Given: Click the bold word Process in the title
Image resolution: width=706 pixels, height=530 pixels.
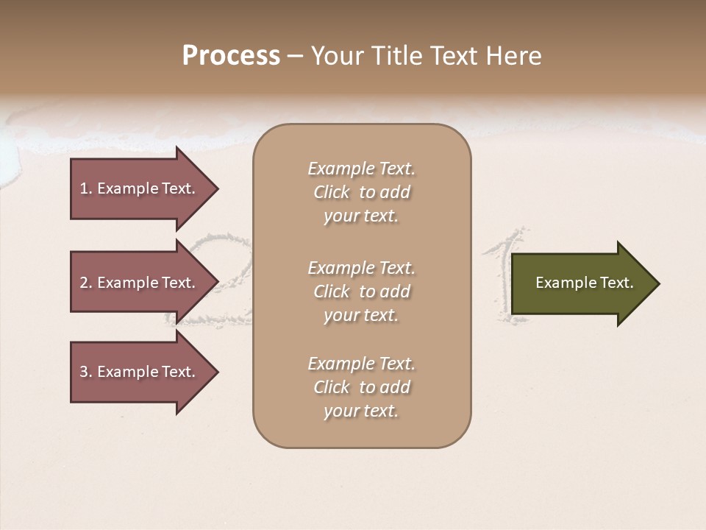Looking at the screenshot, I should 231,56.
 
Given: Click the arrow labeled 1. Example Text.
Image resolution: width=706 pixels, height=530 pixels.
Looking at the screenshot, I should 140,188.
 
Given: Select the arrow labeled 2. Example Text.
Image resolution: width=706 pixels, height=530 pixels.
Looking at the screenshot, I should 140,283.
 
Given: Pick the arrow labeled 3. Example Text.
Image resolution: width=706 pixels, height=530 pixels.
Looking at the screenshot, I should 140,372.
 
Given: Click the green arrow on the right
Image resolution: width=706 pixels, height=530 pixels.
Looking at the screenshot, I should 581,283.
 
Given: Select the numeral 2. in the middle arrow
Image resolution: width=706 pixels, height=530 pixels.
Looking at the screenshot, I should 85,283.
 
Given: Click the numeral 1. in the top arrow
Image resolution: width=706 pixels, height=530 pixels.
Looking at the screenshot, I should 85,188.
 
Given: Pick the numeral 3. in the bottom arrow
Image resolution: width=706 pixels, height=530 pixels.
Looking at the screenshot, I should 85,372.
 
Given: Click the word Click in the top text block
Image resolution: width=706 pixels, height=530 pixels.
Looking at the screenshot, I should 332,192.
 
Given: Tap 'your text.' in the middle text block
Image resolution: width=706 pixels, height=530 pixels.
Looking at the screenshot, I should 361,315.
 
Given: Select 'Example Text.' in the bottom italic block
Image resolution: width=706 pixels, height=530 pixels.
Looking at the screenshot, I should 361,364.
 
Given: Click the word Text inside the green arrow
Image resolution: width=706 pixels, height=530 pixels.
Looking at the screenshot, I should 616,283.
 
